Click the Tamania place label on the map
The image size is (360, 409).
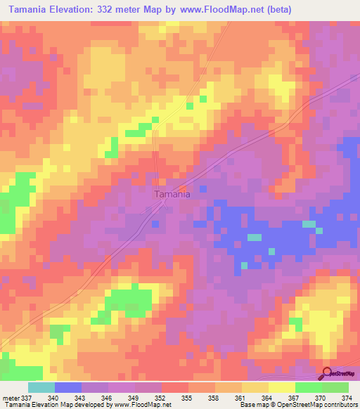click(172, 195)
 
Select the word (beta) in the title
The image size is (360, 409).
click(274, 11)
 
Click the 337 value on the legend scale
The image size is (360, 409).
click(27, 397)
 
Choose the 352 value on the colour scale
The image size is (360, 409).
click(162, 397)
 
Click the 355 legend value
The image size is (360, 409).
click(188, 397)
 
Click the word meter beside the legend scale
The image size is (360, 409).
click(10, 397)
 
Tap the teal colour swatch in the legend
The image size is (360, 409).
click(41, 387)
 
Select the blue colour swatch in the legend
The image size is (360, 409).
click(68, 387)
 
